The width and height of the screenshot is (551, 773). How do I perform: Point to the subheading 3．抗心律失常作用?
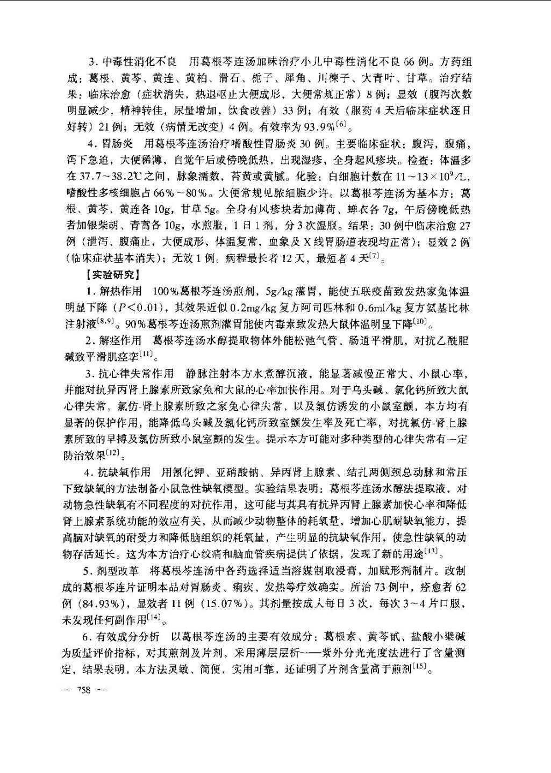pyautogui.click(x=129, y=373)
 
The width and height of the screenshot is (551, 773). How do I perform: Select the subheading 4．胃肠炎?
pyautogui.click(x=110, y=144)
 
